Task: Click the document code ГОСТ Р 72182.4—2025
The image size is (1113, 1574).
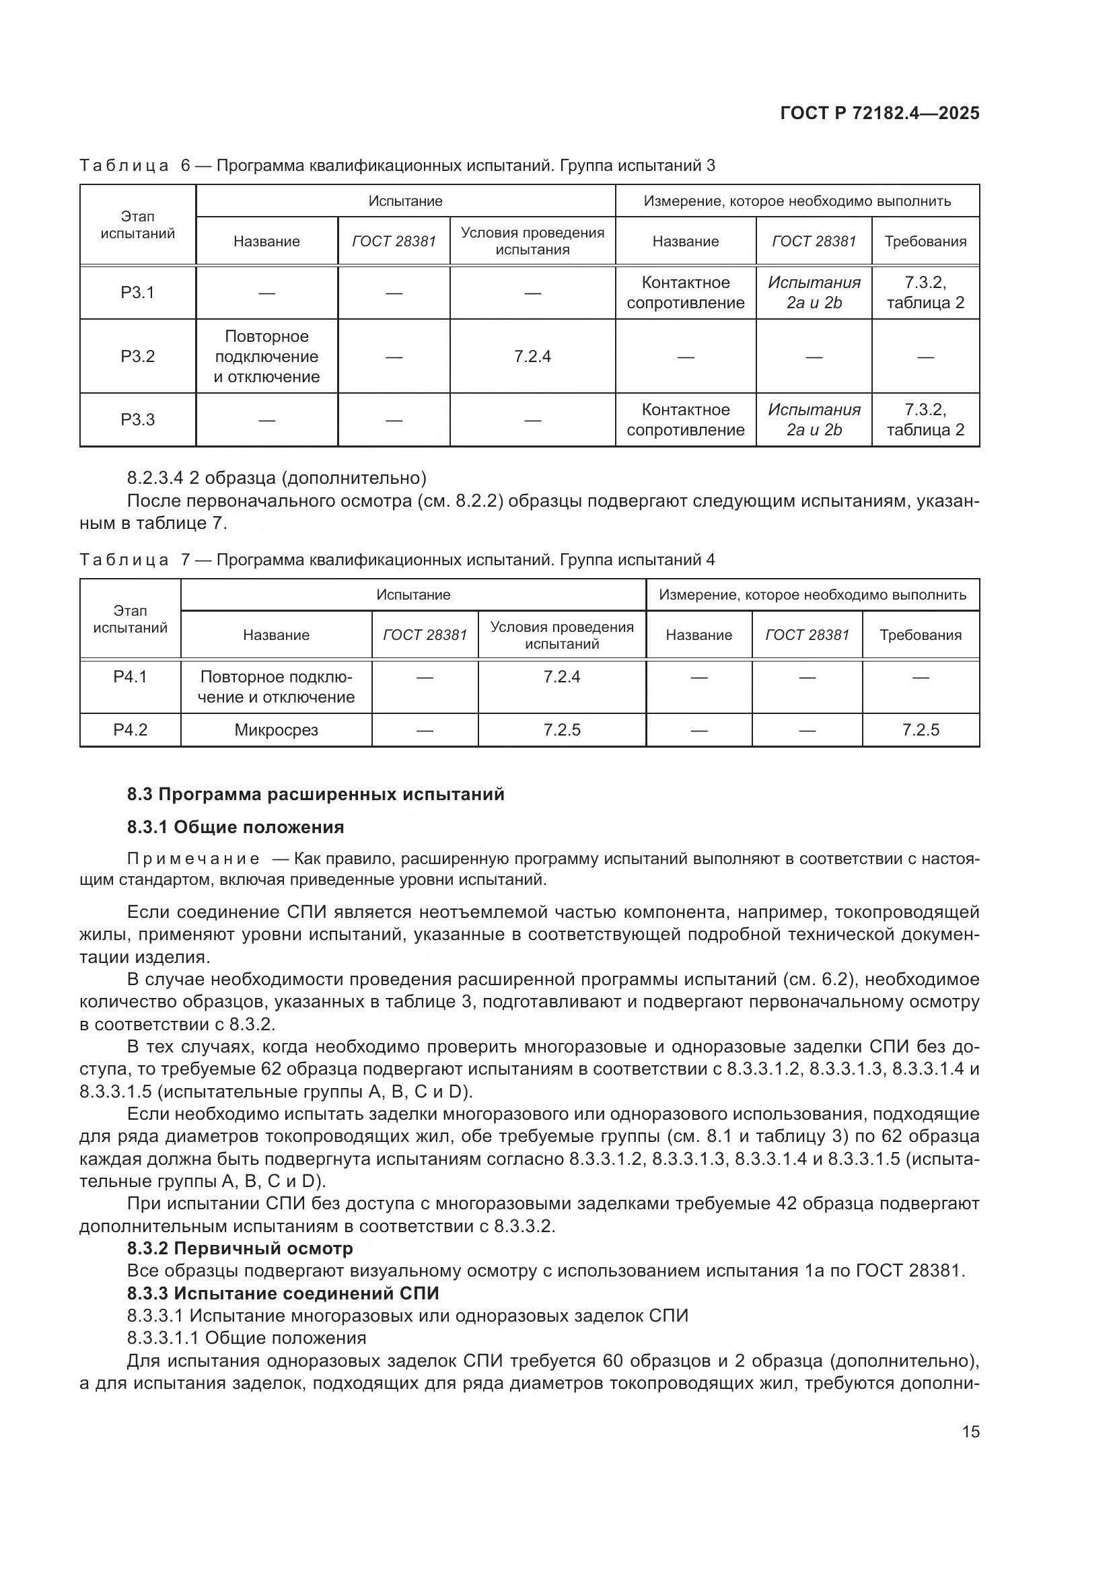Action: coord(879,114)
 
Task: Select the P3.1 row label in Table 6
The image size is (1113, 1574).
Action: coord(138,293)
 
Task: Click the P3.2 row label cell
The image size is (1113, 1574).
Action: coord(138,357)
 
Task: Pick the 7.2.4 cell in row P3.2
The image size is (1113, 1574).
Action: coord(532,357)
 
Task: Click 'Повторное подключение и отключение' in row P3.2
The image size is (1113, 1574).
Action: coord(266,357)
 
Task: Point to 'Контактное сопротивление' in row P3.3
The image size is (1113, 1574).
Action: coord(685,419)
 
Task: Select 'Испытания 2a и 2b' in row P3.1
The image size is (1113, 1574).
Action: coord(814,293)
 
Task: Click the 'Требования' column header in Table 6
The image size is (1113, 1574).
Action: coord(925,242)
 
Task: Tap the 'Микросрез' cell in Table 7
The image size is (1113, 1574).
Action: coord(276,730)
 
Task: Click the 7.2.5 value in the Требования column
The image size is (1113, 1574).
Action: coord(921,730)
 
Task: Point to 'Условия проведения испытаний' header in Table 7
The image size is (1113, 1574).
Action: coord(561,635)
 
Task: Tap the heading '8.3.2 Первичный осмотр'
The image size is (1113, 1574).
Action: coord(240,1248)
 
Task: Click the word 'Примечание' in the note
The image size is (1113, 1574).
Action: coord(193,859)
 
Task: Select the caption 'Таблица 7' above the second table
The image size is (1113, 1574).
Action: coord(123,560)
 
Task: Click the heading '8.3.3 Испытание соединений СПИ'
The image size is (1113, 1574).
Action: coord(283,1293)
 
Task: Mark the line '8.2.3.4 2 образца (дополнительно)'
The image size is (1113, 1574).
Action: coord(276,478)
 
